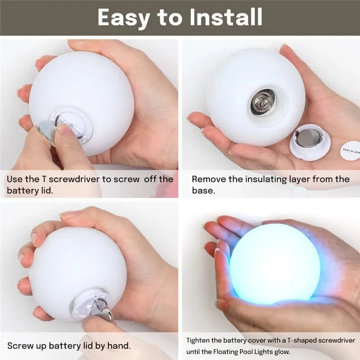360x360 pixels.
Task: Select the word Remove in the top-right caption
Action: pos(207,179)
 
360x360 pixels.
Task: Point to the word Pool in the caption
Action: pos(249,351)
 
